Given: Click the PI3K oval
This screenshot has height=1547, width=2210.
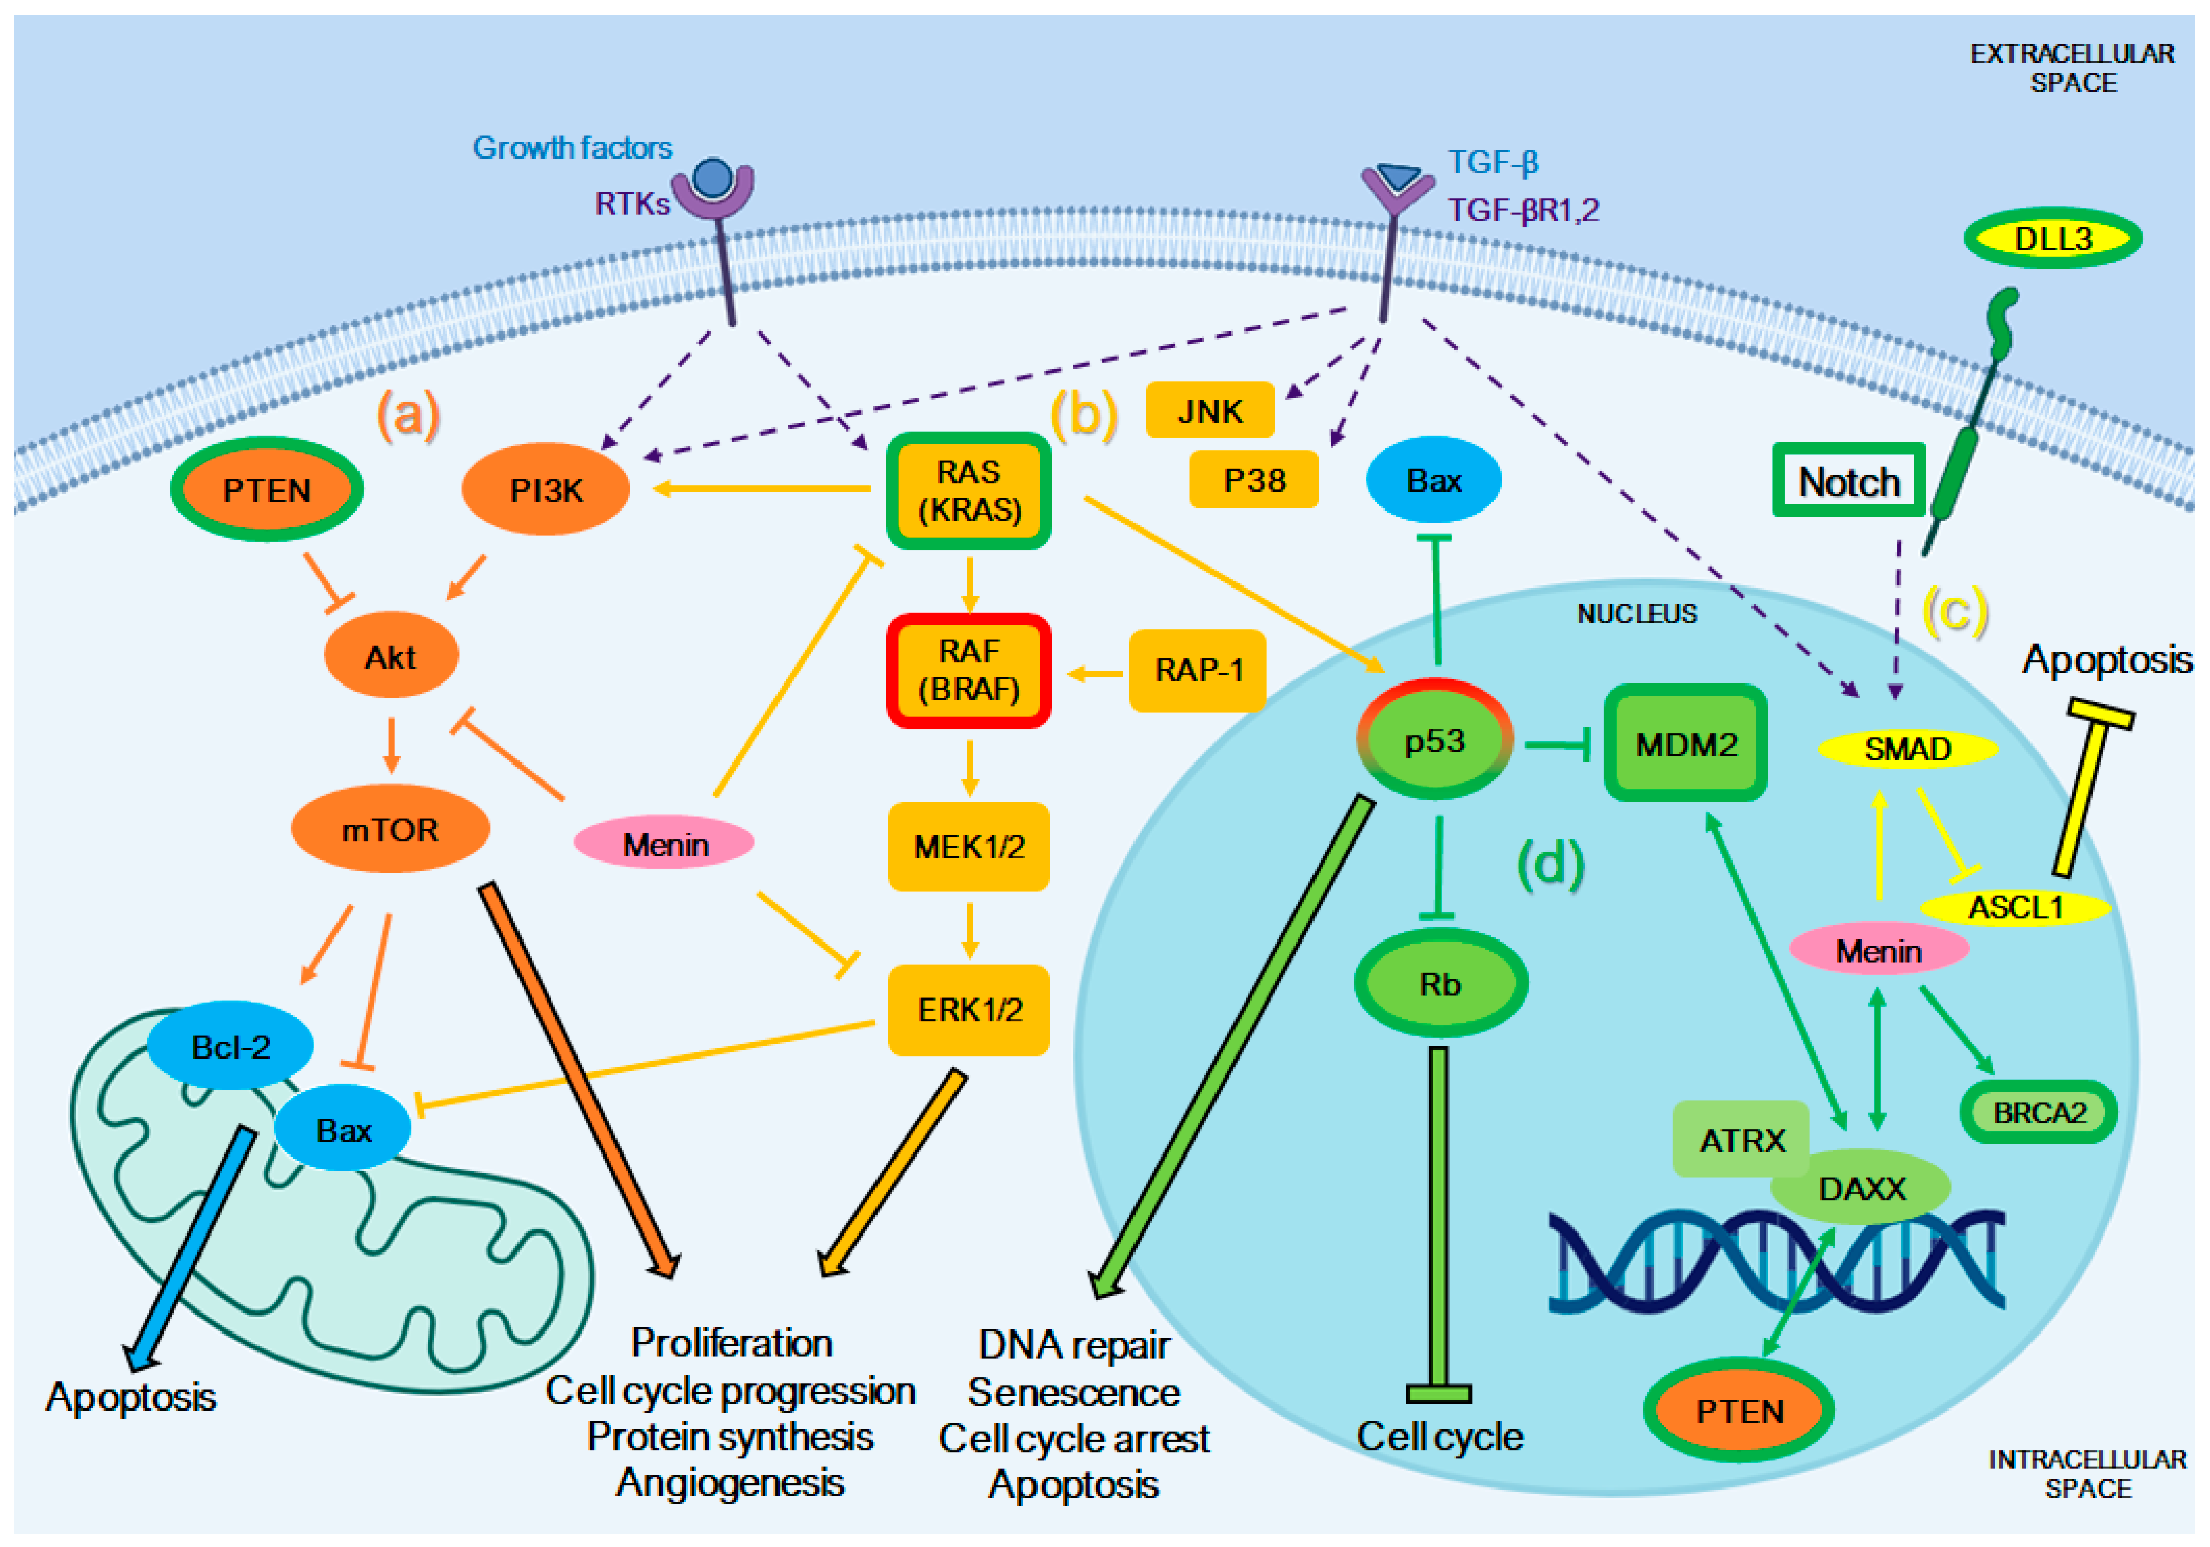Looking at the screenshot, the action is click(546, 489).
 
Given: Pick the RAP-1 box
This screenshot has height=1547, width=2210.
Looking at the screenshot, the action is click(1198, 670).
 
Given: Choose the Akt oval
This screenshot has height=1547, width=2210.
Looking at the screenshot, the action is click(391, 656).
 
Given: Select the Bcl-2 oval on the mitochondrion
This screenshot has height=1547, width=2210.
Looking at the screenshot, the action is click(230, 1046).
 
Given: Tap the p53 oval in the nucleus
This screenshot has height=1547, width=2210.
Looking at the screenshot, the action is click(1434, 739).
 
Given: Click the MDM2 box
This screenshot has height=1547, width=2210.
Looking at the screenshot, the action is click(1685, 743).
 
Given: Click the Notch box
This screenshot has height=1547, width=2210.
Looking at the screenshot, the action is click(1849, 479).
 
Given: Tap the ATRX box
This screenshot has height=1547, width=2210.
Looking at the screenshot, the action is click(1741, 1139).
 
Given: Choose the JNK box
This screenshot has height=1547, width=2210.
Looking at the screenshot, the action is click(1210, 410).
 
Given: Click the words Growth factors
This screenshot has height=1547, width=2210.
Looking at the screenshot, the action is click(572, 147).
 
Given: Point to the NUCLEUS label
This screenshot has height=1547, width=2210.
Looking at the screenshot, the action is click(1636, 613).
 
